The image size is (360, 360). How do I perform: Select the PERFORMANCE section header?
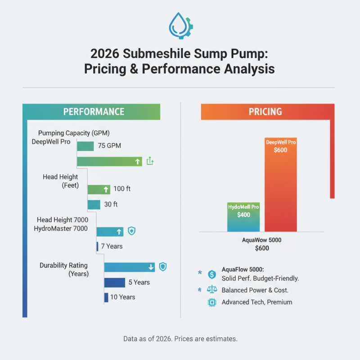pyautogui.click(x=94, y=112)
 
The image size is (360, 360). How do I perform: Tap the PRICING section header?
pyautogui.click(x=265, y=112)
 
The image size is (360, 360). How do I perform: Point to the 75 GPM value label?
pyautogui.click(x=109, y=146)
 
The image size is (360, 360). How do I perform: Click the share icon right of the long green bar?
pyautogui.click(x=150, y=162)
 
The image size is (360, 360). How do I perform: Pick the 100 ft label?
pyautogui.click(x=122, y=189)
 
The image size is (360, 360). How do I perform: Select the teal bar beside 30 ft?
pyautogui.click(x=94, y=204)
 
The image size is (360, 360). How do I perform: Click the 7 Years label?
pyautogui.click(x=112, y=247)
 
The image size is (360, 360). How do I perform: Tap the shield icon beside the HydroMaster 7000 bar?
pyautogui.click(x=132, y=231)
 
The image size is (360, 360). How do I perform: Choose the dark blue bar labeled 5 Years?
pyautogui.click(x=114, y=282)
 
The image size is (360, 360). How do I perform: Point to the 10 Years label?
pyautogui.click(x=122, y=297)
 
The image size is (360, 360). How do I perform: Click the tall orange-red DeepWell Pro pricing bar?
pyautogui.click(x=281, y=184)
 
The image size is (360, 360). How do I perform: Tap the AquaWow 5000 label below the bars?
pyautogui.click(x=261, y=240)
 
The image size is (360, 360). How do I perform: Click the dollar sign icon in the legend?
pyautogui.click(x=211, y=274)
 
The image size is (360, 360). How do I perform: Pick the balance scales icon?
pyautogui.click(x=211, y=289)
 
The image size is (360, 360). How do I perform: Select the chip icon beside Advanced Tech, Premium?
pyautogui.click(x=211, y=302)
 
